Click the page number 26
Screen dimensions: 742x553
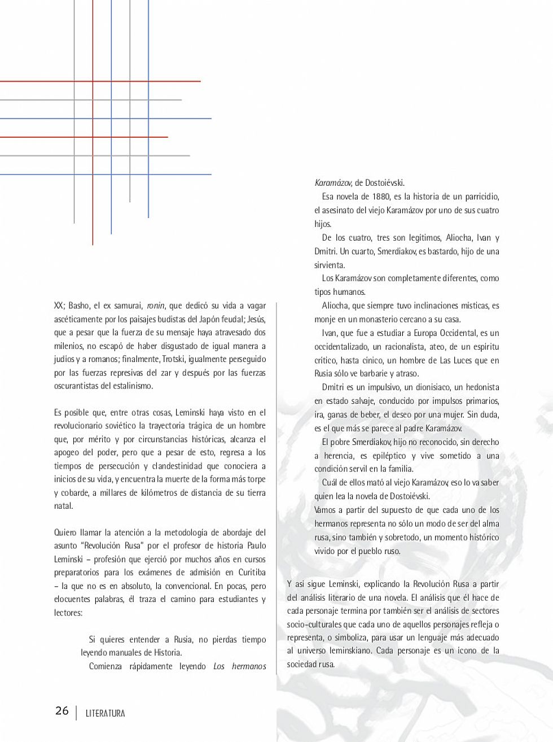tap(62, 710)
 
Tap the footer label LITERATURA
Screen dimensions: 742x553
tap(105, 713)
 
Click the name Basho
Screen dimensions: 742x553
tap(79, 305)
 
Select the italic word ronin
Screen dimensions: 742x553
tap(156, 305)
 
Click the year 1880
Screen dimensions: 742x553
tap(381, 197)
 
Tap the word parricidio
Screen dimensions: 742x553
tap(476, 197)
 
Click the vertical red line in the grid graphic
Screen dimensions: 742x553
tap(93, 169)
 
